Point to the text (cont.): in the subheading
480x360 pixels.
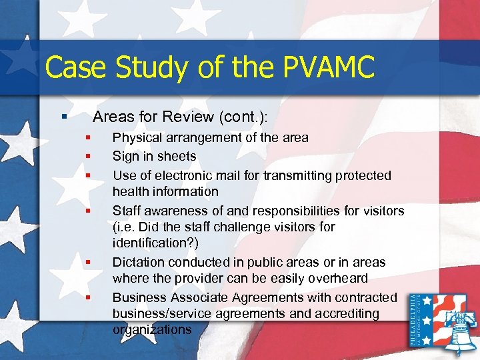[243, 117]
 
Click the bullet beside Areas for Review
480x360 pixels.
[64, 117]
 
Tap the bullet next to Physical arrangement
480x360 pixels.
[87, 138]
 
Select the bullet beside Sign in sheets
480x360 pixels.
[87, 157]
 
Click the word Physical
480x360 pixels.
[136, 138]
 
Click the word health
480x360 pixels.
[131, 192]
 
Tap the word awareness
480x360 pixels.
[172, 211]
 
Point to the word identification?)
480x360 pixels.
[151, 243]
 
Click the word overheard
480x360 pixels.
[341, 279]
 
